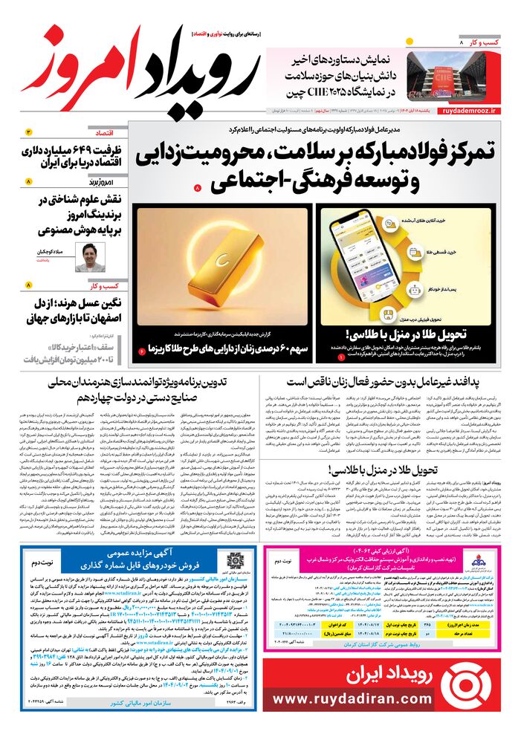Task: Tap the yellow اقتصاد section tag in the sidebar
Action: pyautogui.click(x=108, y=131)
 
